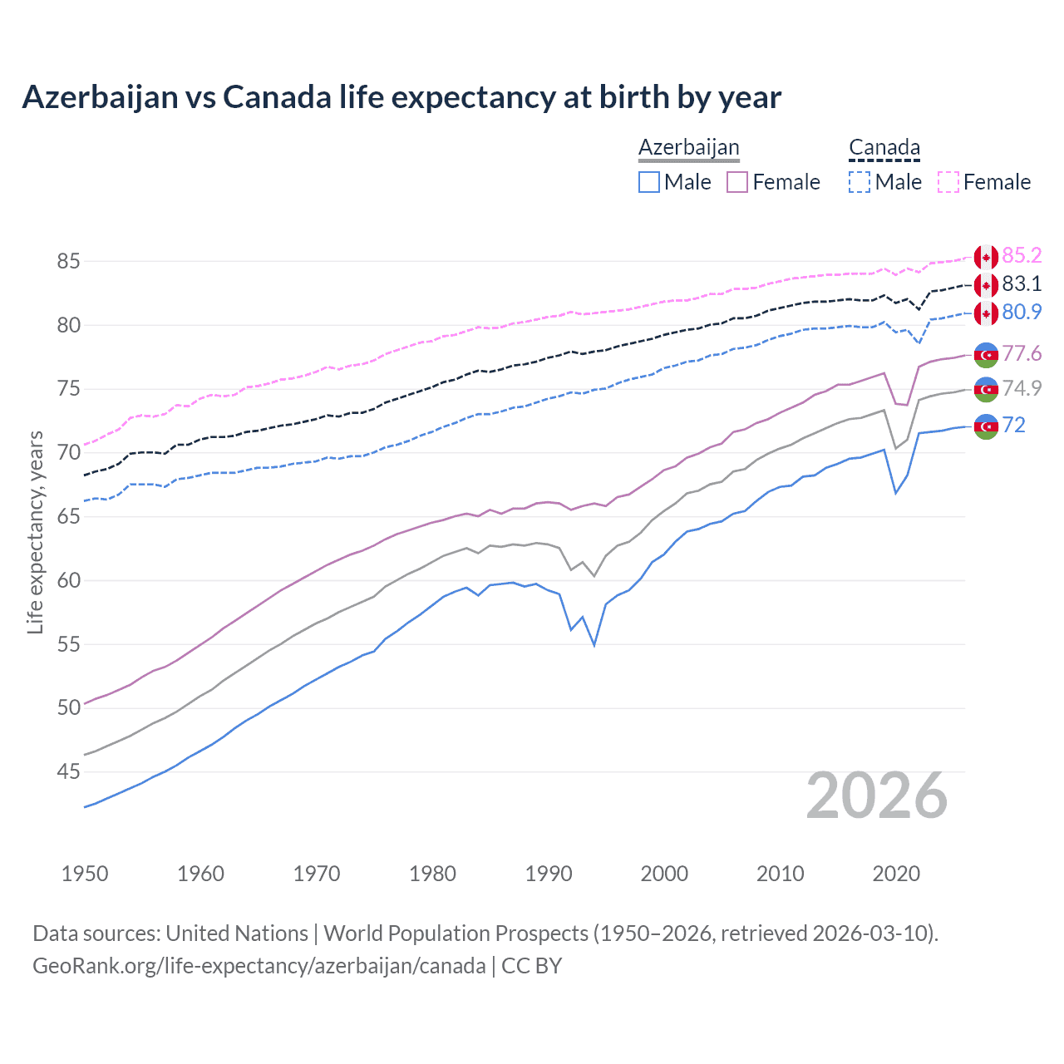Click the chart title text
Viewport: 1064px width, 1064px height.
[x=401, y=97]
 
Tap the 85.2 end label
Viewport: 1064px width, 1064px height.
[x=1022, y=255]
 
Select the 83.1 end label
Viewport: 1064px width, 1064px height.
[x=1022, y=284]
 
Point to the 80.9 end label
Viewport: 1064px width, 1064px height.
[x=1022, y=313]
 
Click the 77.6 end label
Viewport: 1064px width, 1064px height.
[x=1022, y=354]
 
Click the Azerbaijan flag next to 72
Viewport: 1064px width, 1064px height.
[x=986, y=426]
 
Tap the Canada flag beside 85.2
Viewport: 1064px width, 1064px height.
[x=986, y=257]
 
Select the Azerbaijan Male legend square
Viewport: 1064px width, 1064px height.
[x=649, y=182]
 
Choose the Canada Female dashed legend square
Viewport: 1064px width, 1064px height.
[x=948, y=182]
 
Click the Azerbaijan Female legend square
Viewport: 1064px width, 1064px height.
[x=737, y=182]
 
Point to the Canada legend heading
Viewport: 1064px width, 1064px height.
[x=884, y=148]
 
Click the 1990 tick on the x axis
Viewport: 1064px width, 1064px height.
[x=549, y=874]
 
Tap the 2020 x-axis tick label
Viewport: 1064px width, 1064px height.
[x=896, y=874]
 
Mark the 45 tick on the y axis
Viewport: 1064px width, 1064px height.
[x=68, y=772]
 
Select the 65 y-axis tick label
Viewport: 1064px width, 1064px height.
[x=68, y=517]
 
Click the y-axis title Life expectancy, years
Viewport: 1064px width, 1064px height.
[x=36, y=532]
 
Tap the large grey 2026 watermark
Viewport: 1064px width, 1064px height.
[x=877, y=796]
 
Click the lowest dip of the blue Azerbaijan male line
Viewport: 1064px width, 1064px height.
[x=594, y=645]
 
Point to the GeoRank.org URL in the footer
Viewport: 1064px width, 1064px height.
[x=259, y=966]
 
